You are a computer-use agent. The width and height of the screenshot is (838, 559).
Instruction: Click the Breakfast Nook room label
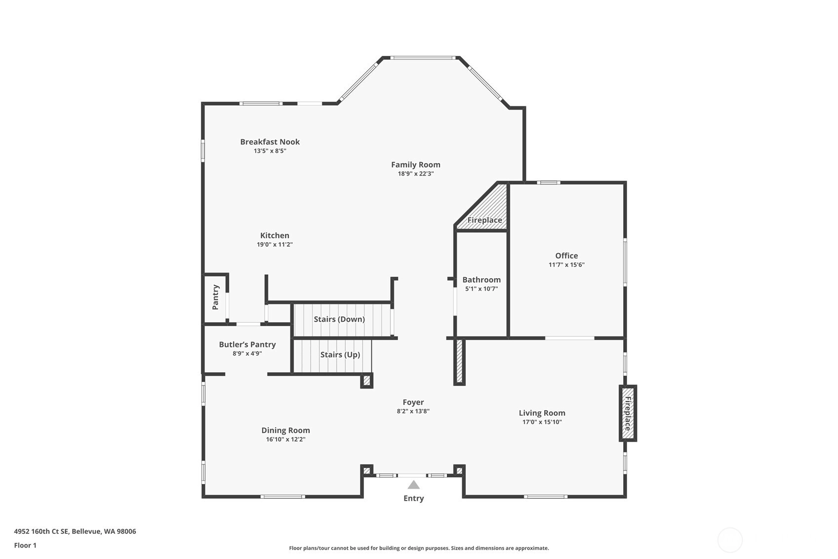tap(270, 142)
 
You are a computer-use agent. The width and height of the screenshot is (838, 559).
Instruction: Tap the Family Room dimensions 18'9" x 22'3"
tap(416, 173)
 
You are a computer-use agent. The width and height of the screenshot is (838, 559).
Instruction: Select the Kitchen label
tap(275, 235)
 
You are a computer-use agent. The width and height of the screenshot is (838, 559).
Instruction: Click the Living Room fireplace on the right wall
tap(628, 413)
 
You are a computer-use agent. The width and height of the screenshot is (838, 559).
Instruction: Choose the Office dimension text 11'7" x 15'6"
tap(566, 265)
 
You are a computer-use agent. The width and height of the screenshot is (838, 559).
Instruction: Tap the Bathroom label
tap(481, 280)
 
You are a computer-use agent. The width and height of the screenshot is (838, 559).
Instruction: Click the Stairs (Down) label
tap(339, 319)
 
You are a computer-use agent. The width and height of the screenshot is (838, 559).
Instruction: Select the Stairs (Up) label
tap(340, 354)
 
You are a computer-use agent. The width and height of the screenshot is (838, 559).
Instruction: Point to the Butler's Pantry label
tap(247, 344)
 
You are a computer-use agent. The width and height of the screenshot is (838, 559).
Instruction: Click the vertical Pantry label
tap(215, 297)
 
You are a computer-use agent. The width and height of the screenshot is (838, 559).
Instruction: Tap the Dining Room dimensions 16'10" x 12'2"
tap(286, 439)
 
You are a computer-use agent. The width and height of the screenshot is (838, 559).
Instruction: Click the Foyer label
tap(413, 402)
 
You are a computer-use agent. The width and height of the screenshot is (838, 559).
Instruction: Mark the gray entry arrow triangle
tap(413, 485)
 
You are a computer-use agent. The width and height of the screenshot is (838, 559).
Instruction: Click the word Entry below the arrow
tap(413, 498)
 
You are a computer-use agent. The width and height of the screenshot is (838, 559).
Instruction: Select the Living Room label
tap(542, 413)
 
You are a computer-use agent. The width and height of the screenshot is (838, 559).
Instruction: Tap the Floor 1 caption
tap(26, 545)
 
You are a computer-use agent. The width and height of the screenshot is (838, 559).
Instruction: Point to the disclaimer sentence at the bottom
tap(419, 548)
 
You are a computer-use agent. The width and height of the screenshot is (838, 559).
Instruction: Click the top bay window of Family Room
tap(423, 58)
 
